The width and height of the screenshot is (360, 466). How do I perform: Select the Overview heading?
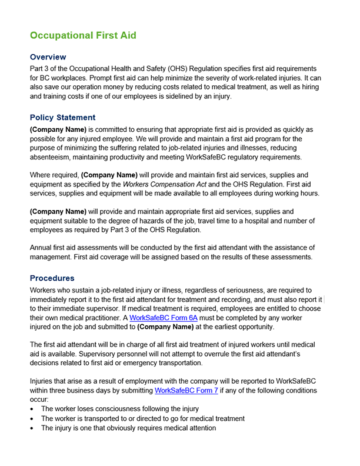coord(48,57)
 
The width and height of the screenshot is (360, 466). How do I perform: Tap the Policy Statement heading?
coord(62,117)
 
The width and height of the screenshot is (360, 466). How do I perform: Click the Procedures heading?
coord(52,278)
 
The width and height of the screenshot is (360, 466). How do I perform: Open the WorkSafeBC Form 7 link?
coord(186,390)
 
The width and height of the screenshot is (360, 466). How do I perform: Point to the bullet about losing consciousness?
coord(119,408)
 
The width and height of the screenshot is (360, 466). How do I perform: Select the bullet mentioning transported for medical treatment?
coord(142,418)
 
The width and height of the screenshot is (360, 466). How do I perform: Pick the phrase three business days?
coord(82,390)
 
